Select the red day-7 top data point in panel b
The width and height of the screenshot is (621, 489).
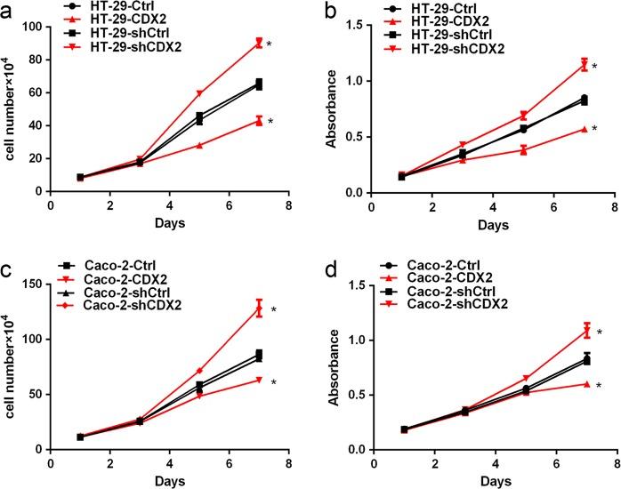coord(585,64)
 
